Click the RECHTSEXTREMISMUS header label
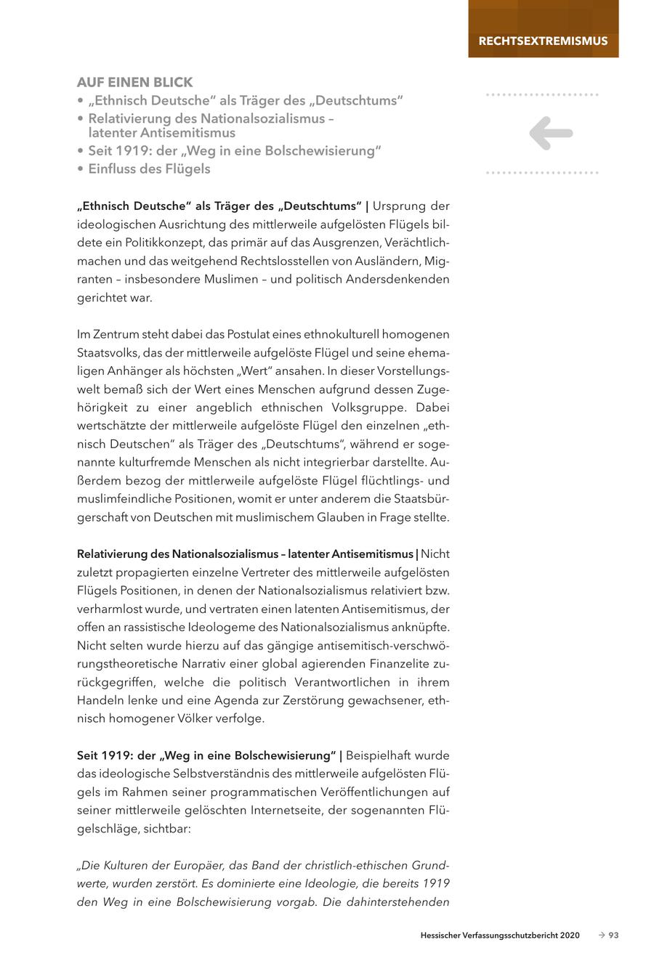pos(543,41)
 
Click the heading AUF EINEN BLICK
pos(135,82)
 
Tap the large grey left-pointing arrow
pos(551,134)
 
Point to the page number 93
pos(613,936)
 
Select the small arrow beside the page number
pos(601,936)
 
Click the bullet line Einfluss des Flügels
pos(149,169)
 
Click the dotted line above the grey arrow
pos(542,94)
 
